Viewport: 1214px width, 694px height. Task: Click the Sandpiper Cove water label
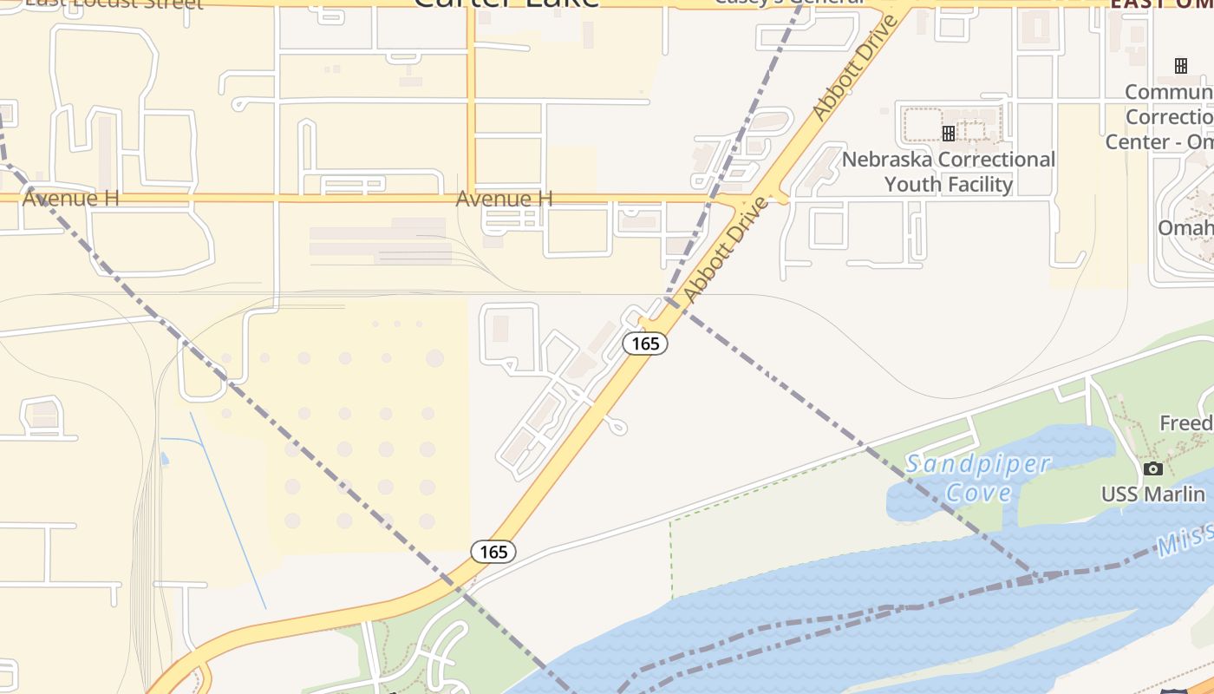click(978, 478)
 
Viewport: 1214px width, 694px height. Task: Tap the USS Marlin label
click(1152, 494)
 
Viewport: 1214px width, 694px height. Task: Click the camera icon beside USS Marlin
click(1152, 469)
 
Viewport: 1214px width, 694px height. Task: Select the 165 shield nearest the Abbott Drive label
click(645, 344)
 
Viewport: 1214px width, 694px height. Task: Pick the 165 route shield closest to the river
click(493, 552)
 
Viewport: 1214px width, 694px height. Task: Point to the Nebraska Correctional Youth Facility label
click(949, 172)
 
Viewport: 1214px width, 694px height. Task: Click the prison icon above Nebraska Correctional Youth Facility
click(949, 133)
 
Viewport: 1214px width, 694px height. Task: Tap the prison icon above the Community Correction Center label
click(1180, 66)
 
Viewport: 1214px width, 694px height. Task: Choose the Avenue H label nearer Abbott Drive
click(504, 199)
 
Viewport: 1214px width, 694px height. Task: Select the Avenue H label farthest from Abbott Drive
click(70, 198)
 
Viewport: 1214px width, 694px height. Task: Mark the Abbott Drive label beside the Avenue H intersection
click(726, 251)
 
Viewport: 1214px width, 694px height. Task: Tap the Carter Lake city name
click(506, 3)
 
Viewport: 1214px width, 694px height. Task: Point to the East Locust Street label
click(113, 3)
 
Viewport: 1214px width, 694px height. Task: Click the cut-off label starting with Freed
click(1186, 423)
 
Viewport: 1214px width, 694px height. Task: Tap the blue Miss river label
click(1185, 542)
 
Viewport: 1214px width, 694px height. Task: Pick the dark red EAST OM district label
click(1161, 4)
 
